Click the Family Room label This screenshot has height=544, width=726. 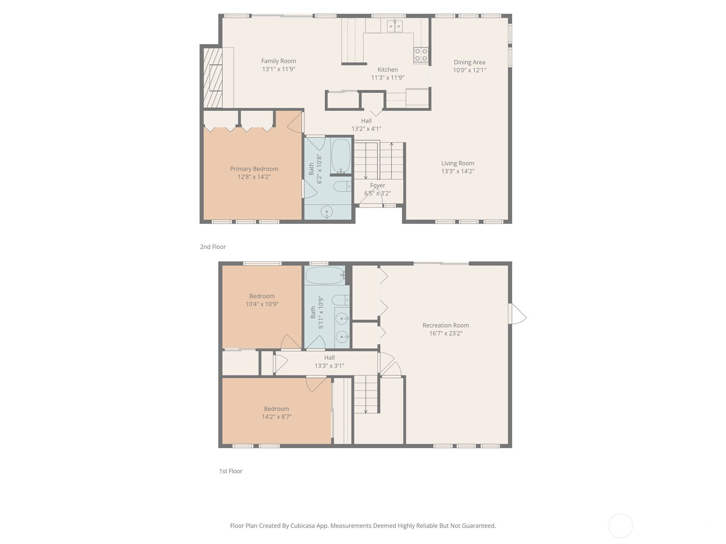(x=279, y=61)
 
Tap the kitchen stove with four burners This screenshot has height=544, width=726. (x=421, y=55)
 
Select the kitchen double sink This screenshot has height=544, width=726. (x=395, y=26)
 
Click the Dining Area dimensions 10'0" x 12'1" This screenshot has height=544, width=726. (x=469, y=70)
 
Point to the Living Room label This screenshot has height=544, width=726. (x=457, y=163)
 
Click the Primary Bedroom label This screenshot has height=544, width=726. (x=254, y=169)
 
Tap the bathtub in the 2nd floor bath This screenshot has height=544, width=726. (x=341, y=155)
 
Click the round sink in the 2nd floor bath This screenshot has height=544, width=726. (x=326, y=212)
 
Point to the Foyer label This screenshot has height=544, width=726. (x=378, y=185)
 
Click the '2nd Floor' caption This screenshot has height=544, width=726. (x=213, y=247)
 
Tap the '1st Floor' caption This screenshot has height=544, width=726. (x=231, y=471)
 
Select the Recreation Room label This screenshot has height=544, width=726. (x=446, y=325)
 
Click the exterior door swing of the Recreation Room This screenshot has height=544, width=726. (x=519, y=313)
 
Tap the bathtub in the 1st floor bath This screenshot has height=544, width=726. (x=325, y=276)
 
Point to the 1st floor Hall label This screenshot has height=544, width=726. (x=329, y=358)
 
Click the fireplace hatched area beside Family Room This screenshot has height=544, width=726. (x=213, y=78)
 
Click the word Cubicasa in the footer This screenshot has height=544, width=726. (x=303, y=525)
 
